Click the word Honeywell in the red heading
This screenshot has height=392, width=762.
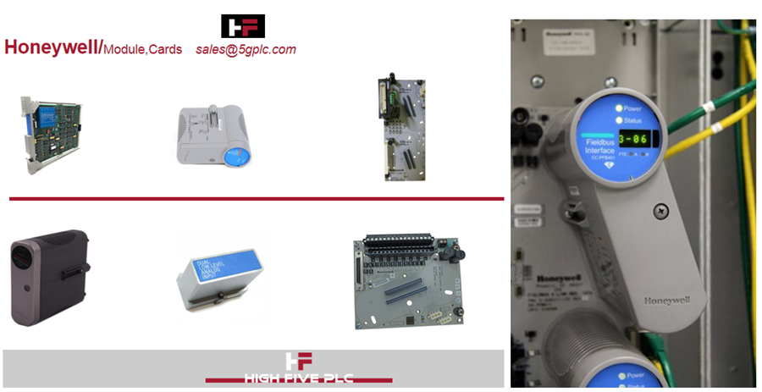click(52, 47)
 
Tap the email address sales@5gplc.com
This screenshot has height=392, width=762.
click(246, 49)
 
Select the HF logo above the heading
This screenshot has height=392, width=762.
click(243, 25)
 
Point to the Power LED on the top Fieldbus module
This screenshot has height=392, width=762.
click(619, 108)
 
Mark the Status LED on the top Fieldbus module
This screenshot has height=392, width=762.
click(618, 122)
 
